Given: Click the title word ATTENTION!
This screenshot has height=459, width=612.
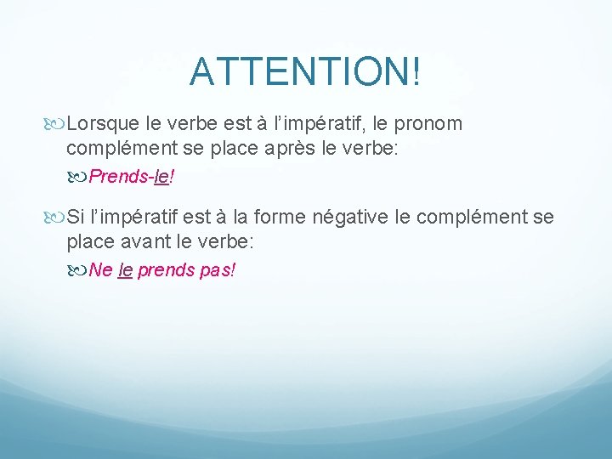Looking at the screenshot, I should tap(305, 72).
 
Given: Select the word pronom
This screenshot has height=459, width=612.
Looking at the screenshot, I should tap(428, 124).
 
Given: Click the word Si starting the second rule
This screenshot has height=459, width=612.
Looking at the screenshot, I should tap(76, 218).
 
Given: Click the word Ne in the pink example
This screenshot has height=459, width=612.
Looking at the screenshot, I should tap(100, 271).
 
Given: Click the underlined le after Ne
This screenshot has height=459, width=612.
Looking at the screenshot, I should tap(125, 271).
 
